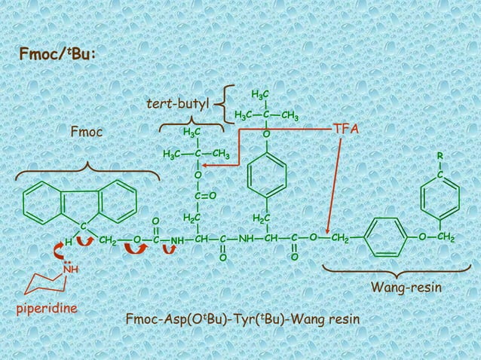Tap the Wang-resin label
pyautogui.click(x=406, y=288)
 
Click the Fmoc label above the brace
pyautogui.click(x=86, y=133)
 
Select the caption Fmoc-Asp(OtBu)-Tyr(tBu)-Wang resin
pyautogui.click(x=243, y=322)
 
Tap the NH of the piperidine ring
pyautogui.click(x=70, y=268)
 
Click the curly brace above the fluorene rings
pyautogui.click(x=87, y=168)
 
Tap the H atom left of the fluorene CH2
pyautogui.click(x=68, y=242)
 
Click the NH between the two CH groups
pyautogui.click(x=247, y=239)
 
